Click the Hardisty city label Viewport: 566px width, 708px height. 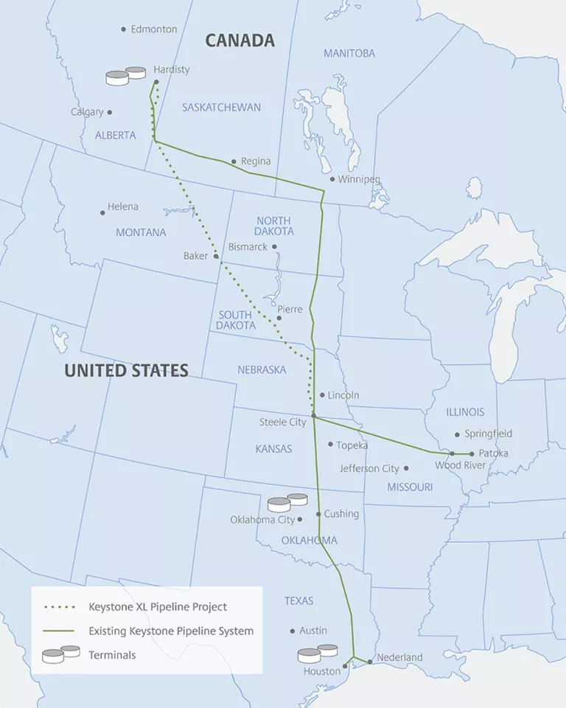pos(172,69)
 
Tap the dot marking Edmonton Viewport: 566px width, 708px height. pos(123,29)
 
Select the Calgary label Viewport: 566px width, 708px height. pos(87,112)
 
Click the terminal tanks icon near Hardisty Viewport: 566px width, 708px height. pos(125,76)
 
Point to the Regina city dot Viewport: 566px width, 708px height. pos(234,162)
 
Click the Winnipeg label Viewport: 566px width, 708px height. pos(359,179)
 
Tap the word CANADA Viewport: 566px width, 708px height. pos(240,41)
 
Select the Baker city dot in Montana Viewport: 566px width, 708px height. pos(216,256)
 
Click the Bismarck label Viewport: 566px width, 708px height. pos(248,247)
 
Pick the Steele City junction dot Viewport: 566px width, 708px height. pos(314,417)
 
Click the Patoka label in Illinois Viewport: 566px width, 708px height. pos(493,453)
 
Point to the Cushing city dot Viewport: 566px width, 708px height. pos(318,514)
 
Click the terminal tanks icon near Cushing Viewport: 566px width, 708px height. pos(287,502)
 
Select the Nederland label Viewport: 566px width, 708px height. pos(399,657)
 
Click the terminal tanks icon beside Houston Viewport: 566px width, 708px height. pos(318,653)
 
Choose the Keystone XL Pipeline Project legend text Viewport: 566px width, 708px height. pos(158,607)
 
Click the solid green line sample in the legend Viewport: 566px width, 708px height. pos(59,631)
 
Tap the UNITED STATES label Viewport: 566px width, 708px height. pos(126,370)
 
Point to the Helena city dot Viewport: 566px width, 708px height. pos(102,212)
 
